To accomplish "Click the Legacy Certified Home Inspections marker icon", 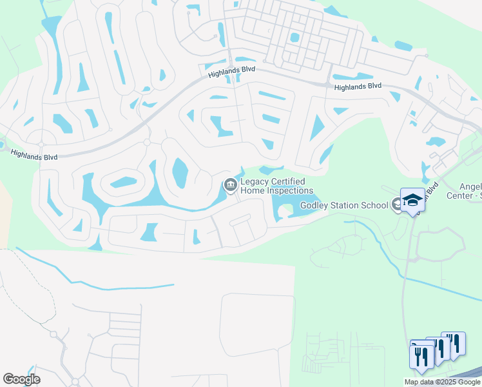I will click(x=230, y=186).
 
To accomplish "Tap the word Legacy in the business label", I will click(x=256, y=182).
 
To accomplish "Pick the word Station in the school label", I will click(x=347, y=206).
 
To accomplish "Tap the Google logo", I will click(x=21, y=379).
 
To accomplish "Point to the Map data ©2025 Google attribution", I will click(x=441, y=382).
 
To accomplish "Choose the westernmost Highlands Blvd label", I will click(x=34, y=155).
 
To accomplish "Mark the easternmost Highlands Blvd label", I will click(x=358, y=86).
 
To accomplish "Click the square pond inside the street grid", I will click(x=294, y=37).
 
